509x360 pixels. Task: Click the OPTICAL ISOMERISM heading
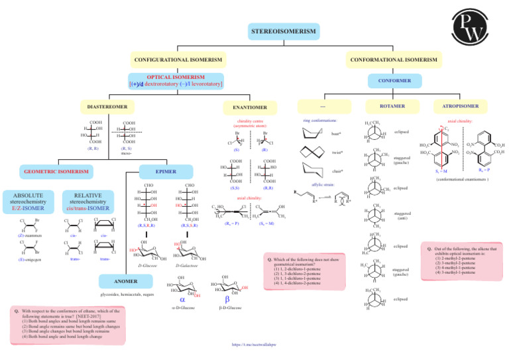176,77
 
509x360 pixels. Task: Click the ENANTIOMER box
250,107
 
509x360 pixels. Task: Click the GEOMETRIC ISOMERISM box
56,172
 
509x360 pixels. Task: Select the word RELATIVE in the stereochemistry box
88,196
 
